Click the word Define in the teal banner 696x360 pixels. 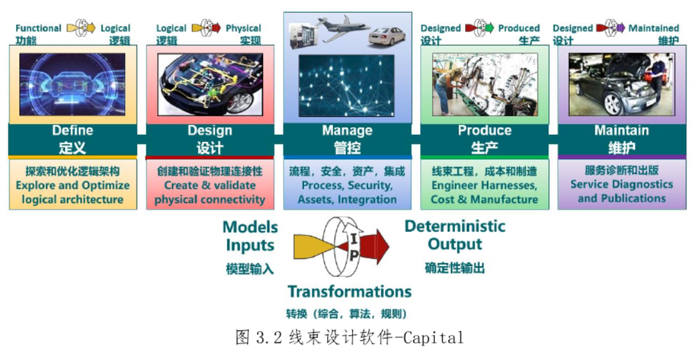[72, 130]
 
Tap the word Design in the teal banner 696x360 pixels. [210, 131]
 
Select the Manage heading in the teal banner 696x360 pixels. [347, 130]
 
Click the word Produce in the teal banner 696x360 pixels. [484, 130]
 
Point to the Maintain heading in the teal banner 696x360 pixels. [622, 130]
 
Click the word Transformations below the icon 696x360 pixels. [350, 291]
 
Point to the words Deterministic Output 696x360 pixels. [455, 236]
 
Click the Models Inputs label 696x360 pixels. [250, 236]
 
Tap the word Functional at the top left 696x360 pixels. [38, 28]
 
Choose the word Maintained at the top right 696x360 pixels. [654, 28]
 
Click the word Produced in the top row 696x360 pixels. [519, 28]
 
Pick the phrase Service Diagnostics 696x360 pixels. [622, 185]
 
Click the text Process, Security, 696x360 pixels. [347, 185]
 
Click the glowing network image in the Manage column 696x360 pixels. [346, 86]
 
